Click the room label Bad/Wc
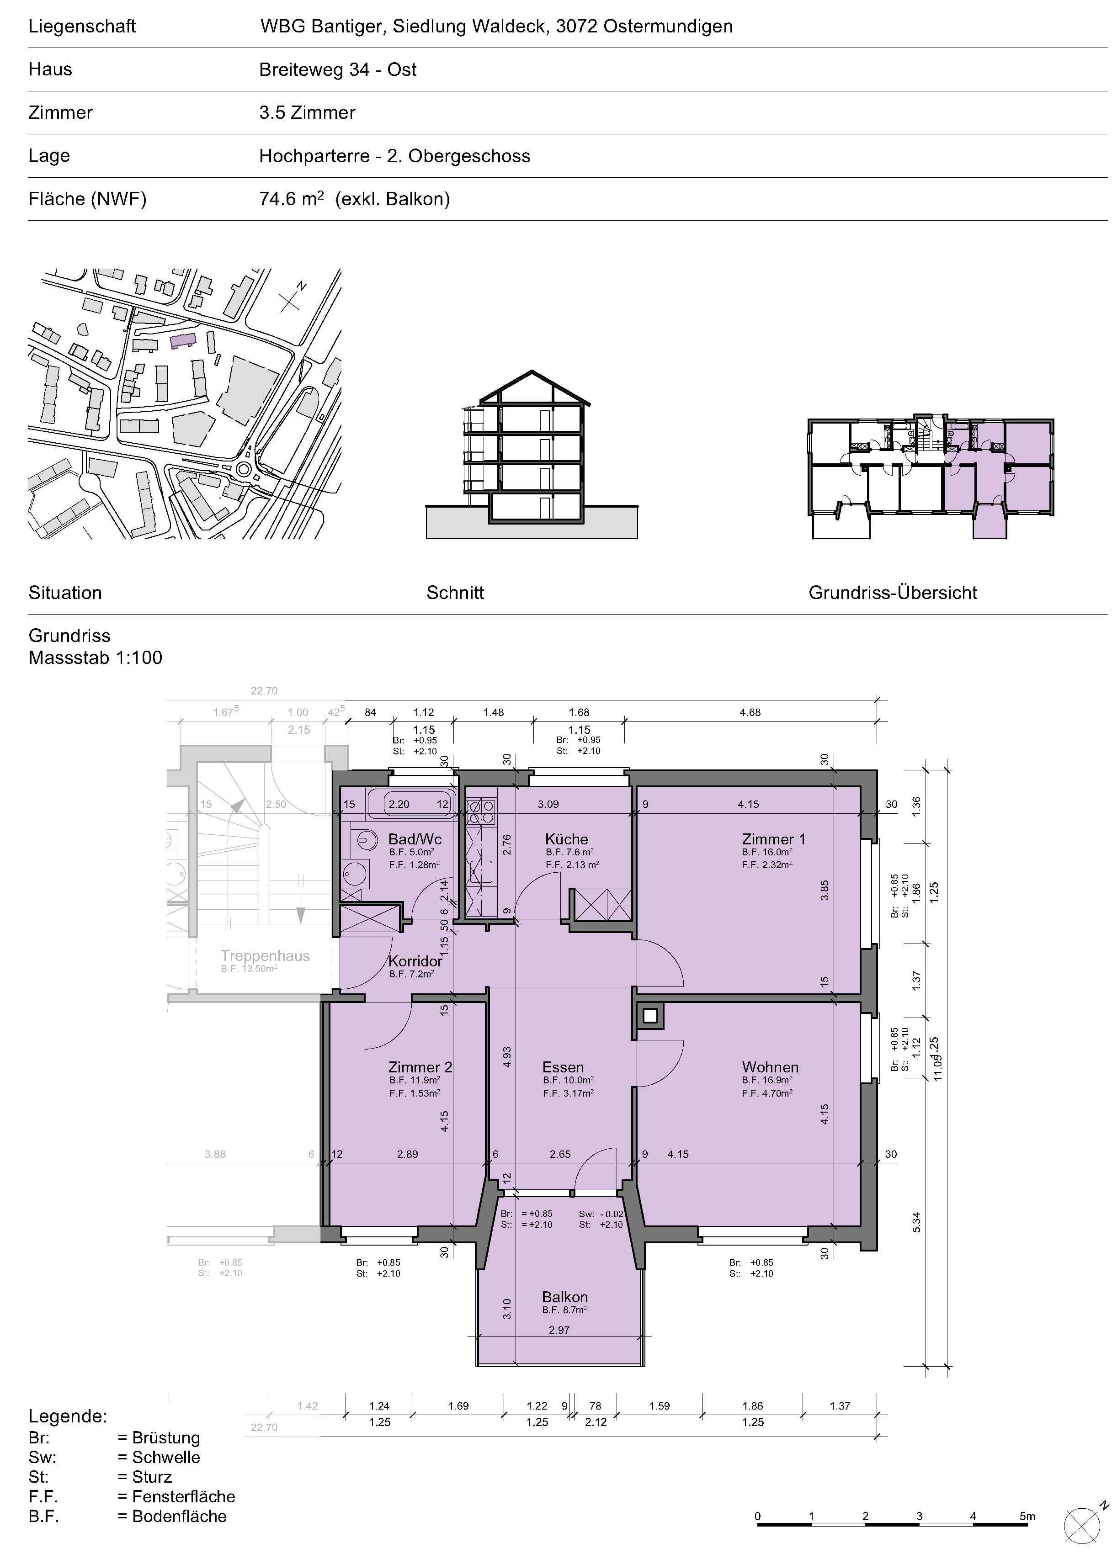click(x=415, y=839)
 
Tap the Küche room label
click(x=567, y=839)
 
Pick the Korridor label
click(x=415, y=961)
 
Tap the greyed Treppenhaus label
click(x=265, y=956)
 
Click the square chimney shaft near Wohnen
click(x=650, y=1016)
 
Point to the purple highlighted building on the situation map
click(x=183, y=340)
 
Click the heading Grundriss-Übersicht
click(x=893, y=593)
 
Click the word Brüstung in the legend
click(x=166, y=1438)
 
